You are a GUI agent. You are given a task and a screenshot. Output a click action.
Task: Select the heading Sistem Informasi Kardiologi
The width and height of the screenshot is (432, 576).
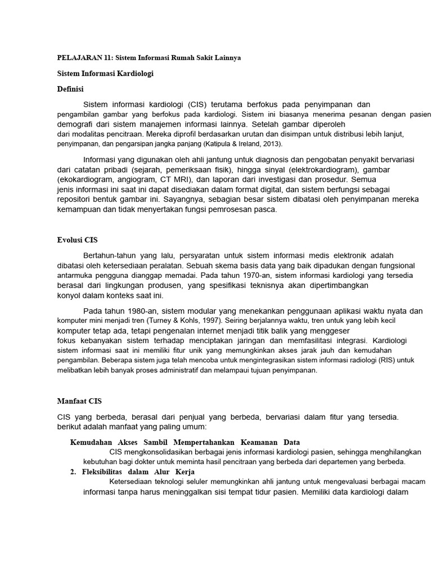(x=105, y=73)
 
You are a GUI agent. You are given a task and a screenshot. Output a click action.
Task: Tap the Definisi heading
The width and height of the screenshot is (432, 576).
(x=71, y=88)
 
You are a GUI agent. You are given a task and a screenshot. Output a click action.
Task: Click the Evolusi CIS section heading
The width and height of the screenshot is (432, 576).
(x=78, y=240)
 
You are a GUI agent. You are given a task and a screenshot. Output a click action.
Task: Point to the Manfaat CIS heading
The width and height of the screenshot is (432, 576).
(x=79, y=401)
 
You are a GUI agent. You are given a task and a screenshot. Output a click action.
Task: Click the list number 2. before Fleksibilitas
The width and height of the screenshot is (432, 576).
(x=74, y=471)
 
